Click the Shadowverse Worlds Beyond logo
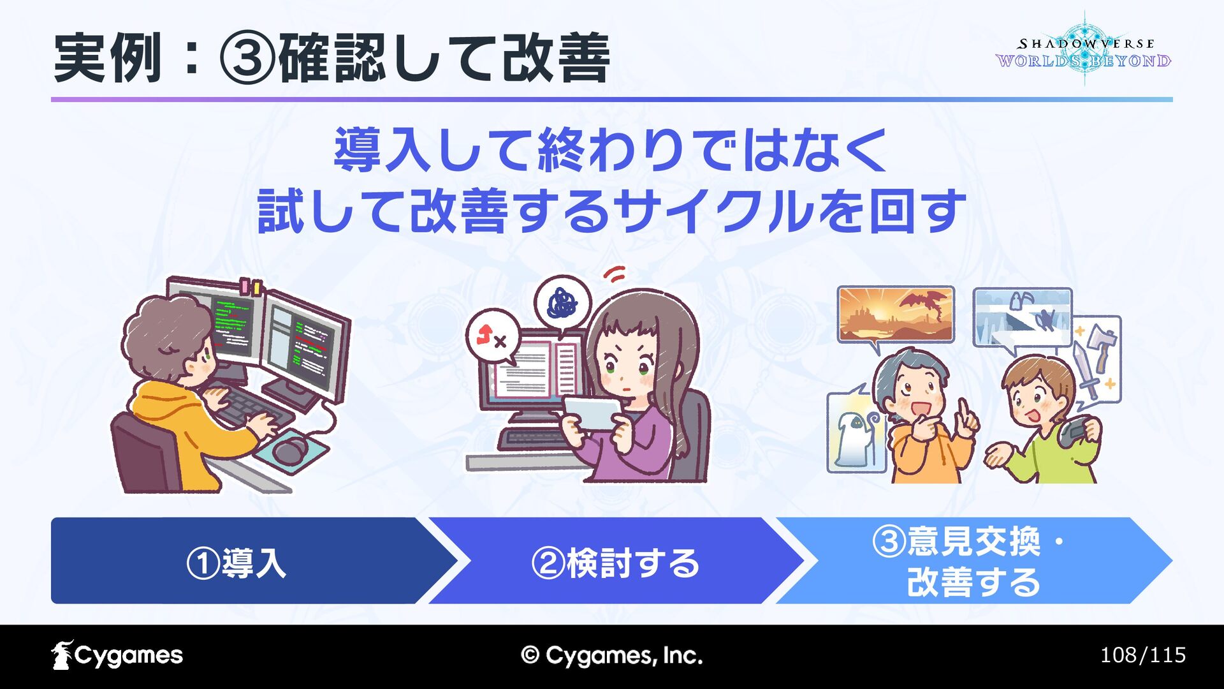(x=1083, y=50)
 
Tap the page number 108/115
(x=1142, y=655)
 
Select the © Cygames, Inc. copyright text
(x=611, y=655)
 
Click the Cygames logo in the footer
(x=117, y=655)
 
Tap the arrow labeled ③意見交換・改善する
(x=974, y=561)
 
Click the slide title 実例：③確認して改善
(x=331, y=59)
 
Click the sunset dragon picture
(x=896, y=315)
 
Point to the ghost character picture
(x=856, y=431)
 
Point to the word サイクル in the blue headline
(x=714, y=211)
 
